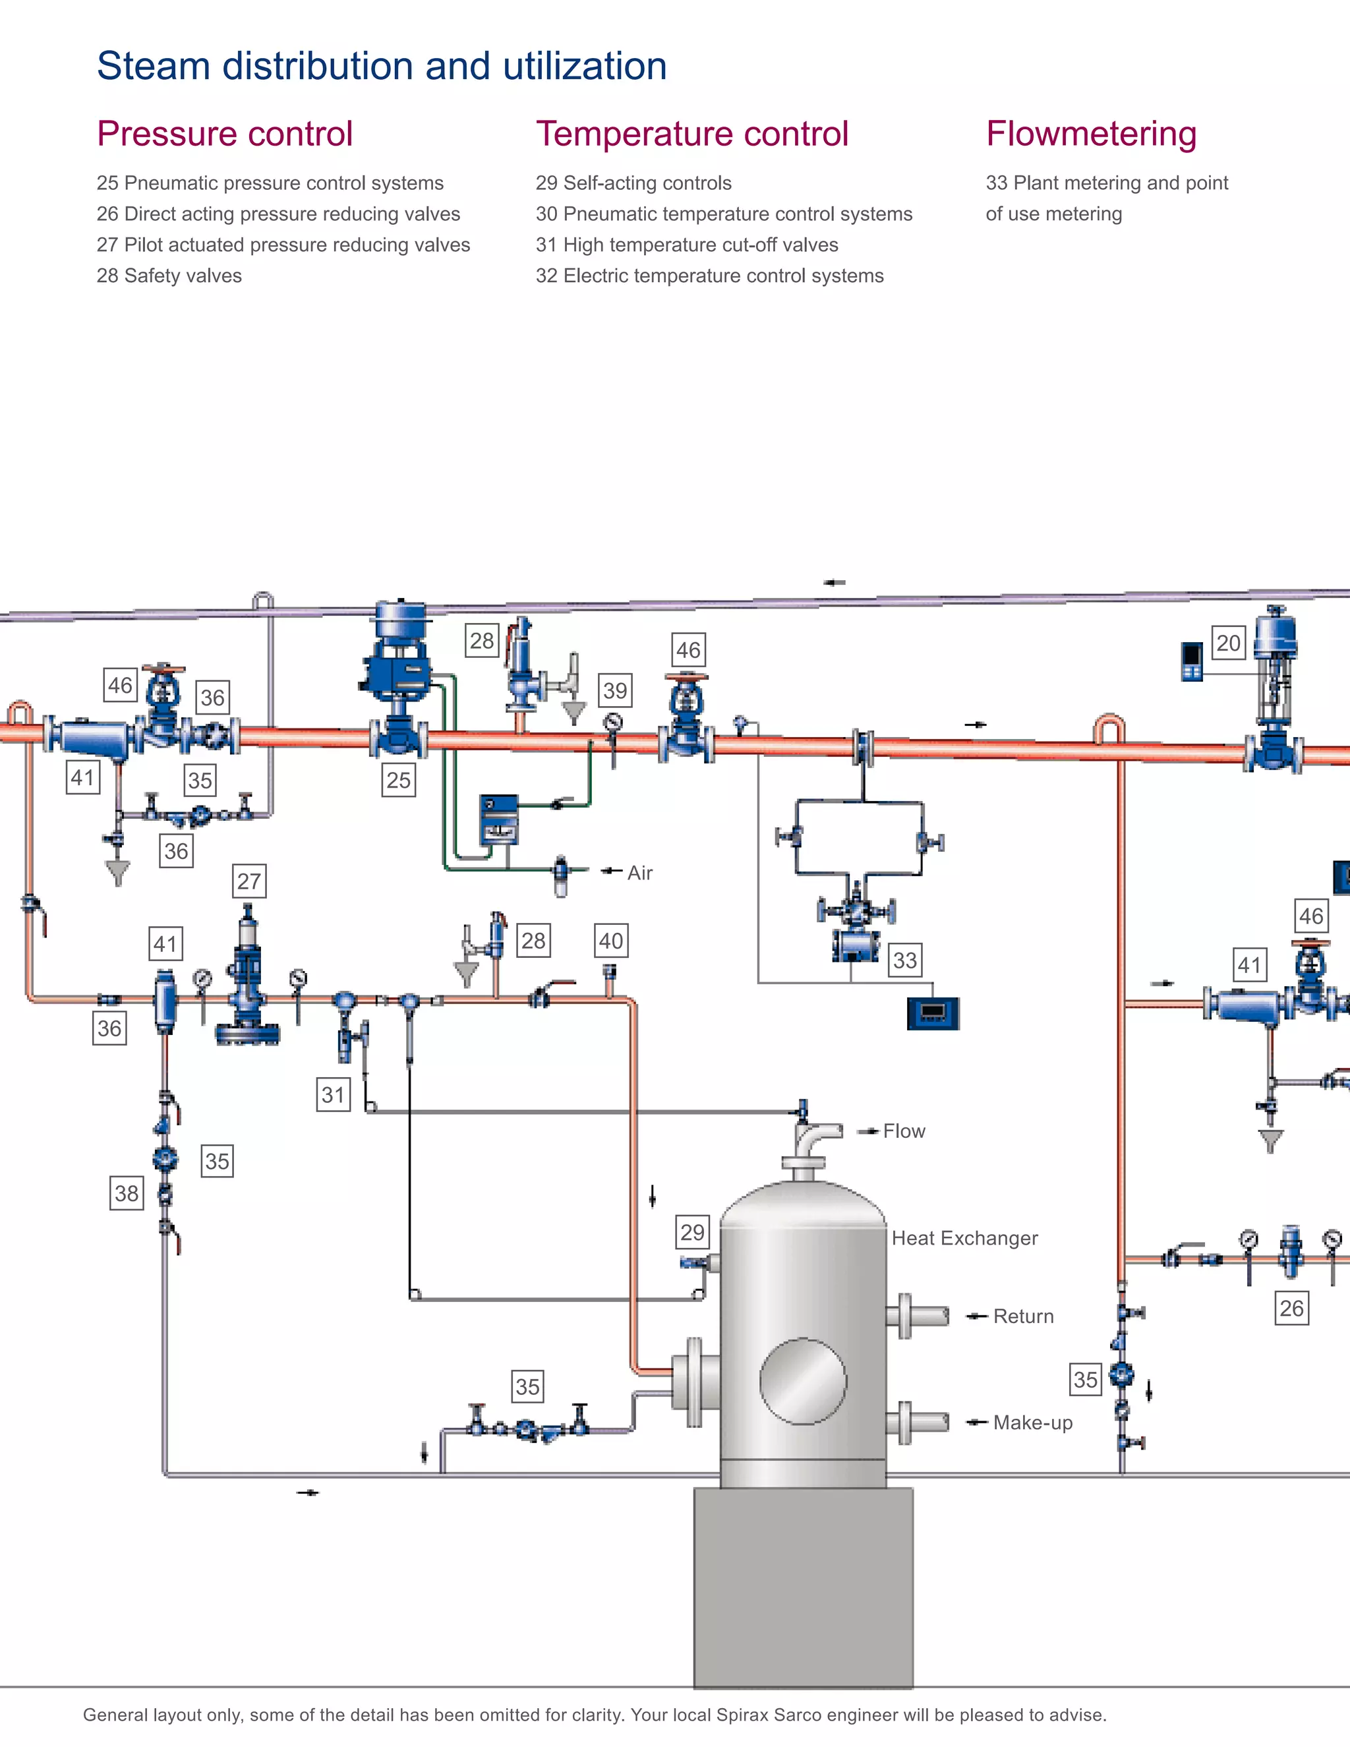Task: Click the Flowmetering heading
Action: (1091, 134)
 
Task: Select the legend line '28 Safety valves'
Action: (169, 276)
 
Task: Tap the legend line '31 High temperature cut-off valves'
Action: (687, 245)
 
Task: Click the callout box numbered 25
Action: (398, 780)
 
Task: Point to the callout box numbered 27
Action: (249, 881)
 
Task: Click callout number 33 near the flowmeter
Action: (904, 960)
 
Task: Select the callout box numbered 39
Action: (614, 690)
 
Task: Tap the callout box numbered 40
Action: (610, 941)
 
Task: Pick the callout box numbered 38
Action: (127, 1193)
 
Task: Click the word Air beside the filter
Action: (640, 873)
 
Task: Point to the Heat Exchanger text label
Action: (964, 1238)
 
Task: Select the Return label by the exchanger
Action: (1023, 1316)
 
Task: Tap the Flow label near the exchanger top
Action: (904, 1131)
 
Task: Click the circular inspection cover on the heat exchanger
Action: (802, 1381)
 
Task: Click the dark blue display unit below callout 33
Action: (933, 1013)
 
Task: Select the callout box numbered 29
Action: (691, 1232)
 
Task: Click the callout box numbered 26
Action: (1291, 1309)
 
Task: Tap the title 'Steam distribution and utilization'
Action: (382, 65)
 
